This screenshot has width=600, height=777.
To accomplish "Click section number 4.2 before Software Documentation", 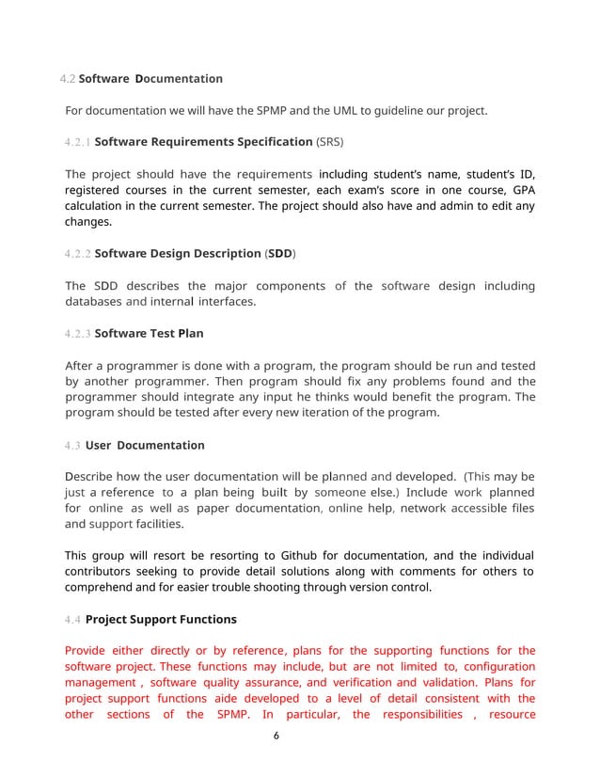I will coord(67,78).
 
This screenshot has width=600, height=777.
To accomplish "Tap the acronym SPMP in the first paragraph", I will coord(274,111).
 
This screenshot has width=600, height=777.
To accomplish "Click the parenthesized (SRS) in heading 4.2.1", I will coord(328,143).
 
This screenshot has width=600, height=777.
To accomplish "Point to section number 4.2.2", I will coord(78,254).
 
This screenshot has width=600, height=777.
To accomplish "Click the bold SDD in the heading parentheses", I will coord(279,254).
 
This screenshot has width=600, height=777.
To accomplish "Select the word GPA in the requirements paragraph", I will coord(521,190).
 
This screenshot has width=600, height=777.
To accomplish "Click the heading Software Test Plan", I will coord(150,333).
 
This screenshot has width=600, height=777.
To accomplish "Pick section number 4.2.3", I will coord(78,333).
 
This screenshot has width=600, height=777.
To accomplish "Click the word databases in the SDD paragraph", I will coord(93,302).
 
